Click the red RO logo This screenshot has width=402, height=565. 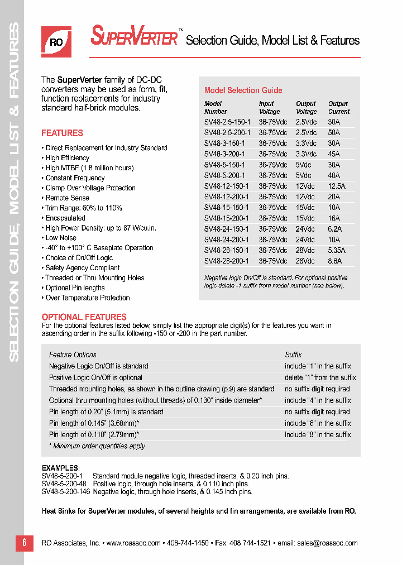click(56, 41)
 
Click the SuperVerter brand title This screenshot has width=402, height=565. click(134, 37)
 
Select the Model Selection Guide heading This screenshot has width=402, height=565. click(243, 90)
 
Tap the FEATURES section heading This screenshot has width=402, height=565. click(62, 133)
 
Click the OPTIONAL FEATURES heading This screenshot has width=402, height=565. click(84, 317)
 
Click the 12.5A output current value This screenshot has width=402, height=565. click(337, 186)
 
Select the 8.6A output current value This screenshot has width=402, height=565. click(334, 261)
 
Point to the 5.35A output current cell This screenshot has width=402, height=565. click(337, 250)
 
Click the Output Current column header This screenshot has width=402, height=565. click(338, 108)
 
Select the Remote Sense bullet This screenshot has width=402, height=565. click(67, 198)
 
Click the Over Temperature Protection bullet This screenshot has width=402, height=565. click(87, 298)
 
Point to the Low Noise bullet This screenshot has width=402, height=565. click(61, 238)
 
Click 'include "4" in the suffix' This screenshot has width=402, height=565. click(317, 400)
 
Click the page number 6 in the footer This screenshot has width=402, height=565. click(25, 543)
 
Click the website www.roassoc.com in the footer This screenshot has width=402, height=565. click(133, 543)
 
